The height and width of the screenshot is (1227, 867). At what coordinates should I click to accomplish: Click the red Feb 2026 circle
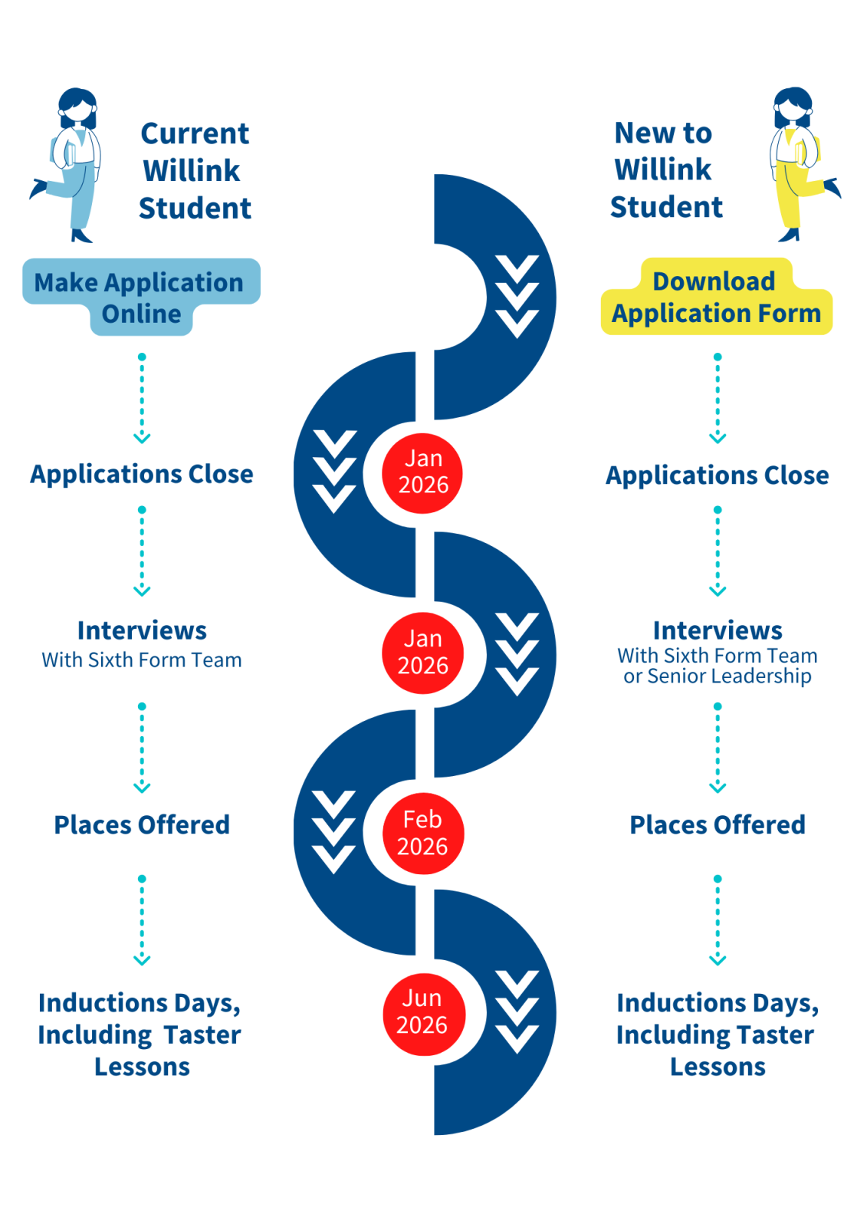click(422, 833)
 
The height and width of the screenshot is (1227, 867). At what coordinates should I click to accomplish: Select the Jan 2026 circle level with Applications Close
click(423, 472)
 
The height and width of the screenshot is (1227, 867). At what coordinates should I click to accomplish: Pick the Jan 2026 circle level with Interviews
click(423, 653)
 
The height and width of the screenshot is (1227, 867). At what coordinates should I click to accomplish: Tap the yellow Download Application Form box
click(716, 298)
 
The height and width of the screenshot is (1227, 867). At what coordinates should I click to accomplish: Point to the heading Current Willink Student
click(195, 170)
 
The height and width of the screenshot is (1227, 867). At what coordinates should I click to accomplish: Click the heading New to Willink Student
click(665, 169)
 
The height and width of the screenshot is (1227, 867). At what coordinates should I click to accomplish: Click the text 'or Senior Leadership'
click(717, 676)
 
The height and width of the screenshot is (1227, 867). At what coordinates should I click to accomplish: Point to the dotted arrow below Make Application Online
click(142, 398)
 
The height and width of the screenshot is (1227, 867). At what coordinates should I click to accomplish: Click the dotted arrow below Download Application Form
click(718, 398)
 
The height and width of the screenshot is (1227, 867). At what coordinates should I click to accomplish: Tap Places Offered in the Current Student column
click(142, 824)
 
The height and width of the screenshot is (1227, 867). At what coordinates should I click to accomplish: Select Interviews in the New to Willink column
click(718, 630)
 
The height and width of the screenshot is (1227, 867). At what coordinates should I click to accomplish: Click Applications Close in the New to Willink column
click(718, 475)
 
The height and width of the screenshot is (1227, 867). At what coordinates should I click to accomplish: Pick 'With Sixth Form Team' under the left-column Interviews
click(142, 660)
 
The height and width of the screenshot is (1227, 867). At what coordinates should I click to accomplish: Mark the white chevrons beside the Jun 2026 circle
click(517, 1012)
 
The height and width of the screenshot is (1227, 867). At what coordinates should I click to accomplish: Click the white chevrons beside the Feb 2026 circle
click(333, 833)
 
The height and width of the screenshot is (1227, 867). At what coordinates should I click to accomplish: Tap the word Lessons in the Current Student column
click(142, 1067)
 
